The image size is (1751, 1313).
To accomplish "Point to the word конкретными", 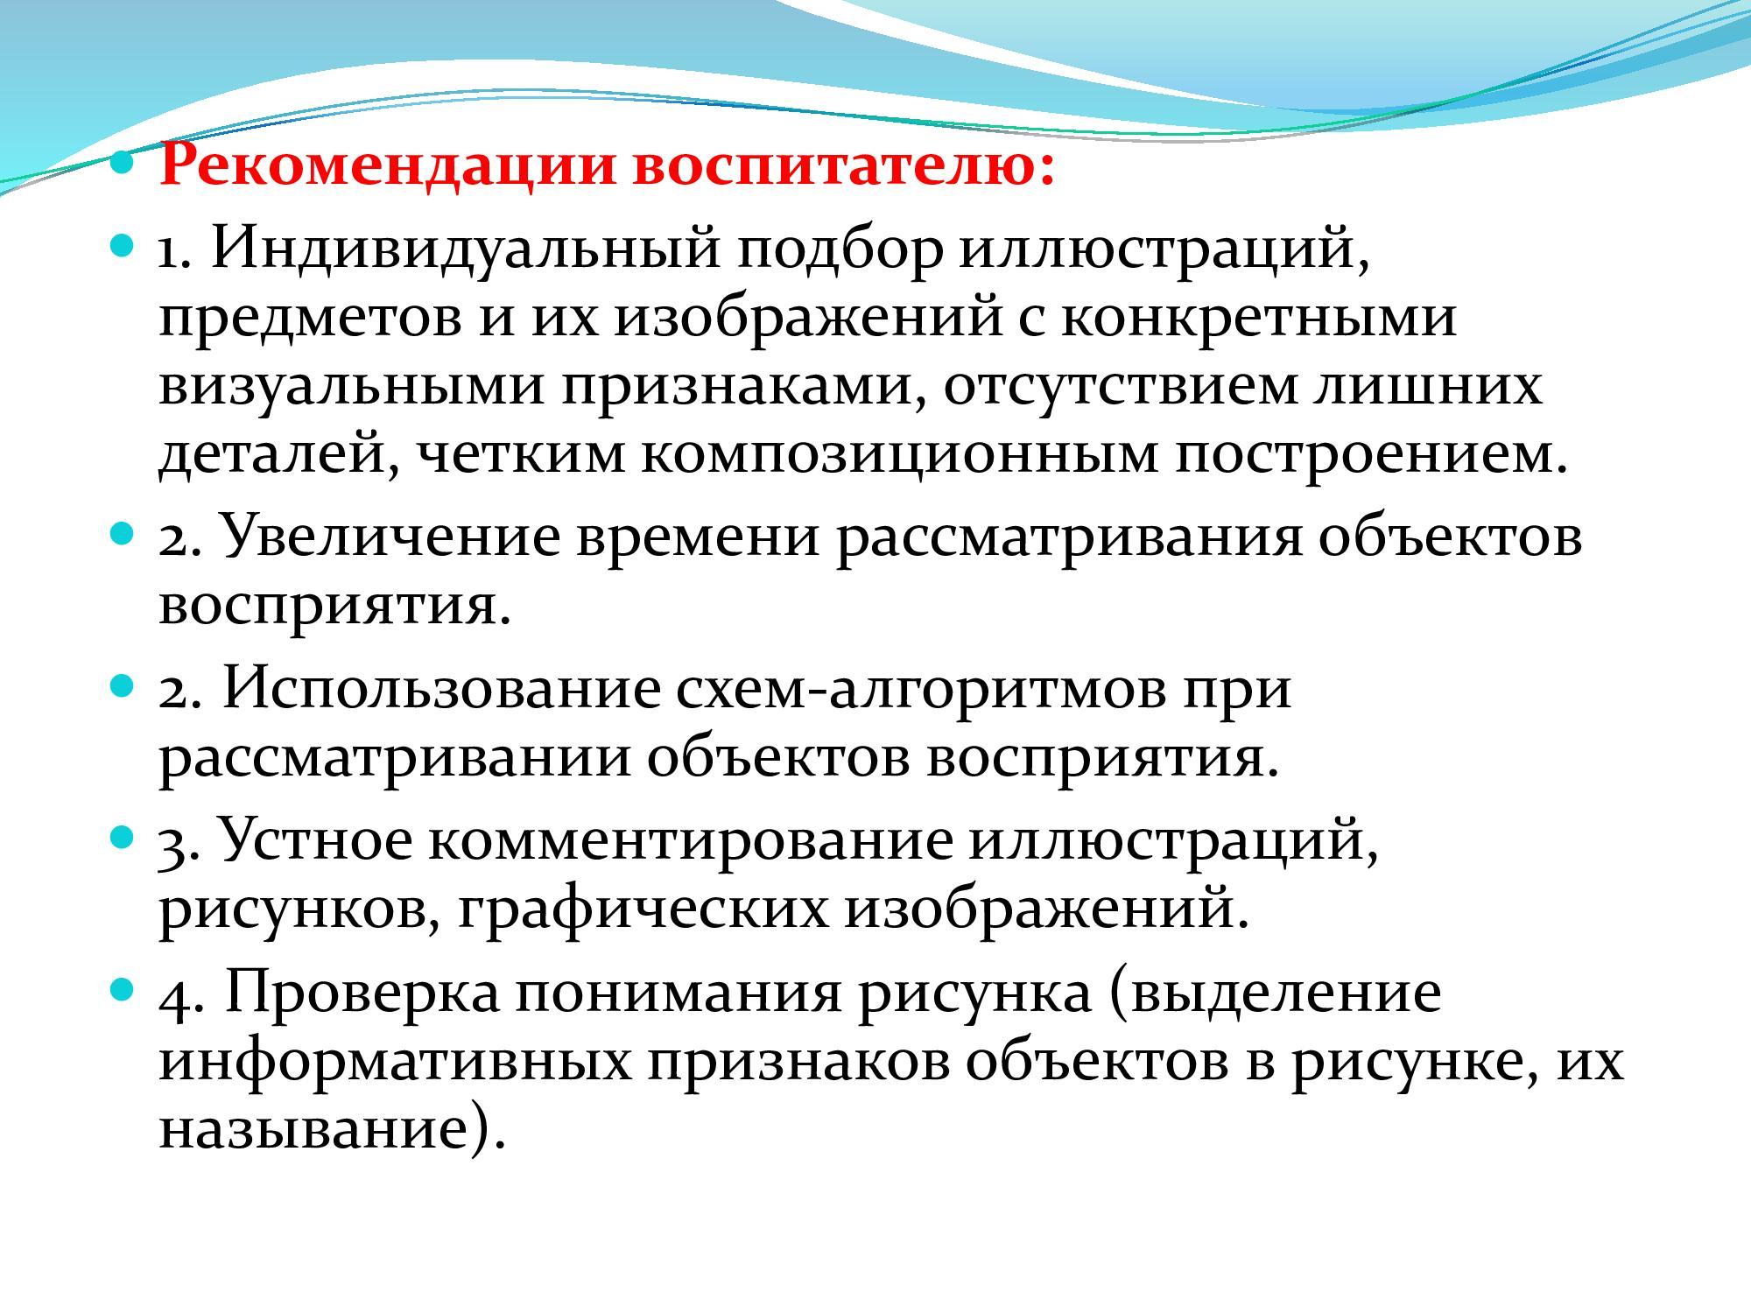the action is (x=1260, y=317).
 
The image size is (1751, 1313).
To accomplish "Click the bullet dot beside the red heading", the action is (x=124, y=162).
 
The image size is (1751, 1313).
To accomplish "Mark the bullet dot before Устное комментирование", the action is (x=124, y=836).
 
